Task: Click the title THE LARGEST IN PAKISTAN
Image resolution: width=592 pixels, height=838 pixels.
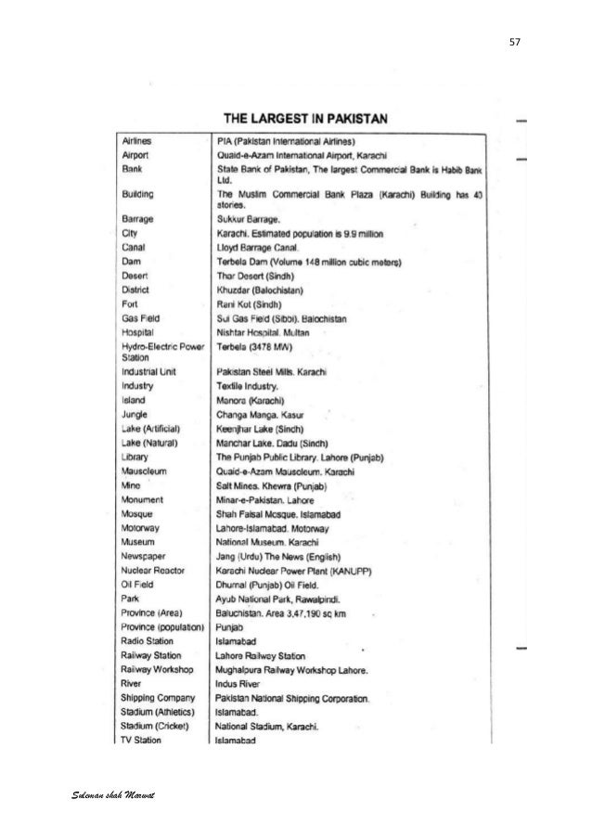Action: [x=304, y=119]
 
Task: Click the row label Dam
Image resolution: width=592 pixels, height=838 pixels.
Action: [x=131, y=263]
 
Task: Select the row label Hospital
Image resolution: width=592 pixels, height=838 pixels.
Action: [x=138, y=331]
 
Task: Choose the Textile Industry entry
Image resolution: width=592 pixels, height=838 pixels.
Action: [x=245, y=386]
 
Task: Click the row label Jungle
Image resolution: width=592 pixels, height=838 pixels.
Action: [x=135, y=414]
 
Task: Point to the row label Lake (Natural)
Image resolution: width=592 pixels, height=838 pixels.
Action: [x=150, y=443]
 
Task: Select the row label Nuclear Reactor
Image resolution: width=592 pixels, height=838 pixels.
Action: [x=153, y=569]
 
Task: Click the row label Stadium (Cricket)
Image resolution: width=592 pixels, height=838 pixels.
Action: [x=155, y=727]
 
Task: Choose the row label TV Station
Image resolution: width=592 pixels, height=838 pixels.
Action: [x=142, y=741]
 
